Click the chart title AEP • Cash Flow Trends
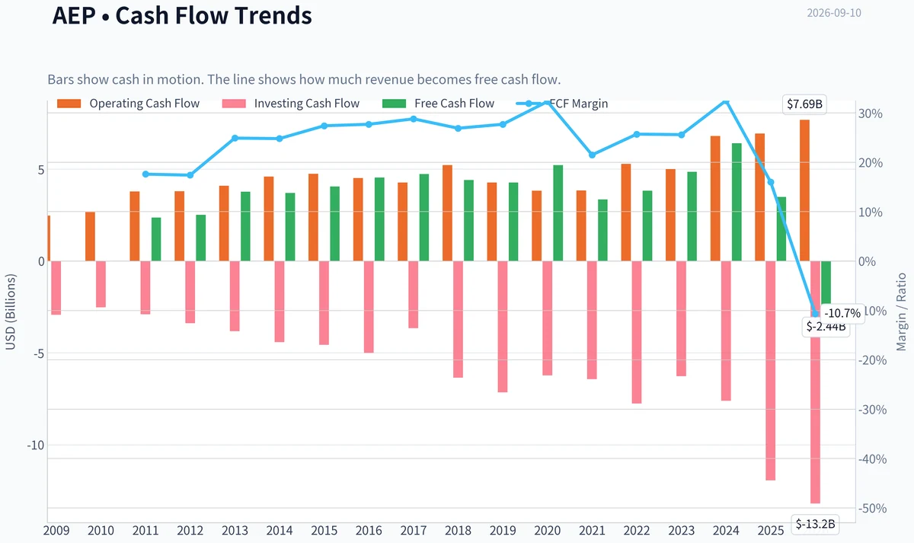coord(182,15)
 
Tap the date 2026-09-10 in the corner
coord(834,13)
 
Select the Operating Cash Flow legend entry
coord(128,104)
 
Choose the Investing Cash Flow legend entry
coord(290,104)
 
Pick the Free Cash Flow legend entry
coord(438,104)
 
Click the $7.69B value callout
coord(804,104)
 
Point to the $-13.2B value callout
coord(815,524)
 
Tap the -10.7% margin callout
coord(842,313)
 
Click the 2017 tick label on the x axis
coord(414,531)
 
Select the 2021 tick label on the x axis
coord(592,531)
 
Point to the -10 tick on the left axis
coord(35,445)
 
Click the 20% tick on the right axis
coord(871,163)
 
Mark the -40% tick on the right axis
coord(872,459)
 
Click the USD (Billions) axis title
coord(10,312)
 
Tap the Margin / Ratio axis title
coord(901,312)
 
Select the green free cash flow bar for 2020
coord(558,213)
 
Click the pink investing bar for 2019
coord(503,327)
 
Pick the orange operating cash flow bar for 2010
coord(90,237)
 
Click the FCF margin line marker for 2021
coord(592,155)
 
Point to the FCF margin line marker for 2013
coord(235,139)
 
